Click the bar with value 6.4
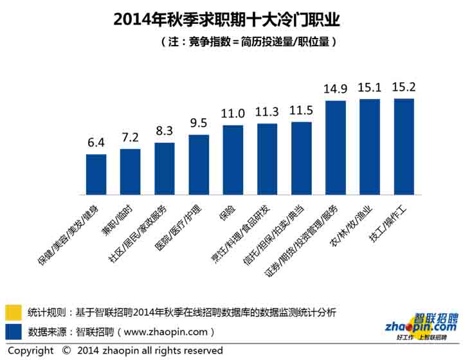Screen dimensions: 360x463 (x=96, y=174)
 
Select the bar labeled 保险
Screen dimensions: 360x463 (x=233, y=160)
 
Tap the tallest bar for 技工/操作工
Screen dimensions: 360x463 (x=404, y=147)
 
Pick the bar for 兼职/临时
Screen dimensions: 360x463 (x=130, y=172)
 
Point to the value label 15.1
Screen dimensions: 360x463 (x=370, y=88)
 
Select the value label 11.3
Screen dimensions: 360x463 (x=267, y=113)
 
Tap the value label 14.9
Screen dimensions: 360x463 (x=335, y=90)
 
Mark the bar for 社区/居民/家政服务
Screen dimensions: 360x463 (x=165, y=168)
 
